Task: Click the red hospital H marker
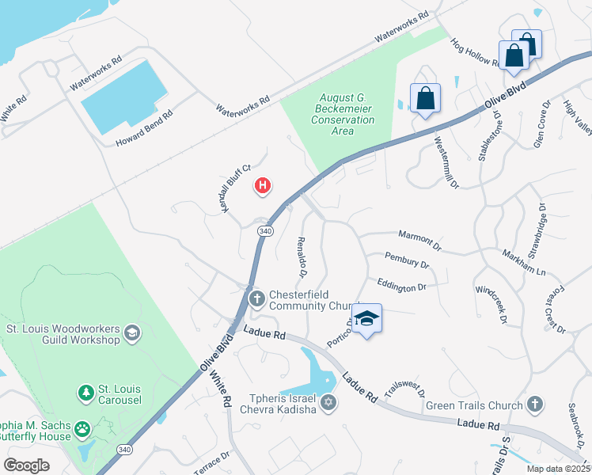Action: [x=262, y=186]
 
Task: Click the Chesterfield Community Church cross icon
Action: [x=256, y=298]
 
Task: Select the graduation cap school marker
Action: [x=366, y=319]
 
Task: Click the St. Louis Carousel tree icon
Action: [x=85, y=392]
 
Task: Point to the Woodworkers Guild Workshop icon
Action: [x=131, y=333]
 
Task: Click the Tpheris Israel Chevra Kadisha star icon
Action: [x=328, y=403]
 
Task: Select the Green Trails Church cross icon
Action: [x=535, y=405]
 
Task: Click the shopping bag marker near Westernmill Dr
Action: [x=425, y=98]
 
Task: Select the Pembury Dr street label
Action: [x=406, y=260]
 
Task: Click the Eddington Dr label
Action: [x=401, y=285]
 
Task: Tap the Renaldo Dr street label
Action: [x=302, y=257]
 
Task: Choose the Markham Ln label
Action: [x=524, y=262]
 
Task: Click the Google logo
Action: [x=26, y=465]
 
